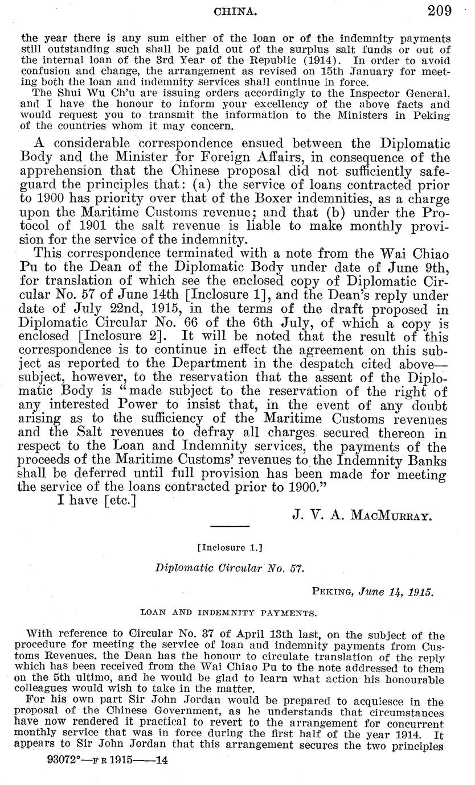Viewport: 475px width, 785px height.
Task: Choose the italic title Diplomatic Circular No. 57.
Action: pos(230,568)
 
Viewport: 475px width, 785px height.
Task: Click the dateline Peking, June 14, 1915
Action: pos(373,590)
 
